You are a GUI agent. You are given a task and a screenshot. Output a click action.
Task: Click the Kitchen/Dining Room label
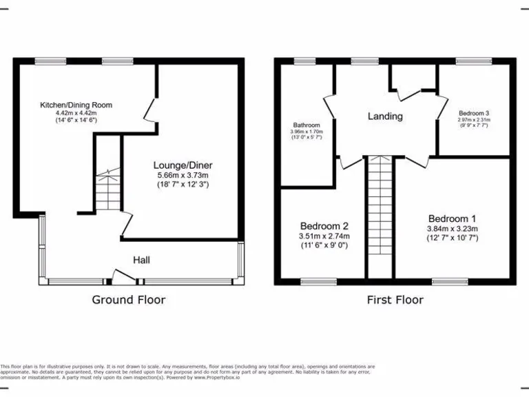(x=76, y=105)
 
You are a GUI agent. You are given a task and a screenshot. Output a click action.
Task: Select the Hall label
(x=141, y=260)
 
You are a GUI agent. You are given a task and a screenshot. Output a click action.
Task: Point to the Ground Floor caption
(x=129, y=300)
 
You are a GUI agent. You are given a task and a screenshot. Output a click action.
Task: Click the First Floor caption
(x=395, y=300)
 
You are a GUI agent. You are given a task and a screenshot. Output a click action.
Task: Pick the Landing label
(x=385, y=116)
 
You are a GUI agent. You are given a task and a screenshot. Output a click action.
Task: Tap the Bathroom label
(x=306, y=125)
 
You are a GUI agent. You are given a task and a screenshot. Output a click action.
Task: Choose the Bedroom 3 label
(x=473, y=112)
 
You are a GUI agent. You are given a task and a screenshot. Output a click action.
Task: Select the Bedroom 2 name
(x=324, y=225)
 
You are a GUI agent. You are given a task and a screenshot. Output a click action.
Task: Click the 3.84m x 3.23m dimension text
(x=453, y=229)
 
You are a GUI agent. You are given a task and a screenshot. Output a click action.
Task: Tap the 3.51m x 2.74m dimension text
(x=324, y=236)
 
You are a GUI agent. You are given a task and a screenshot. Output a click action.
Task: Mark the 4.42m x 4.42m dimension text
(x=76, y=113)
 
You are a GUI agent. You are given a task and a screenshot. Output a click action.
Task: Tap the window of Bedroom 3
(x=473, y=61)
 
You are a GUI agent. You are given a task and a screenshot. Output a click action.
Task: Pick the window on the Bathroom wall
(x=304, y=61)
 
